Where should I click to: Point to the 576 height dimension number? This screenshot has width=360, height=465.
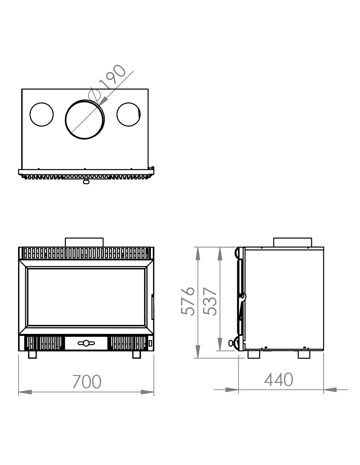188,301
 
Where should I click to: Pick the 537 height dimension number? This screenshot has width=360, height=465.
210,301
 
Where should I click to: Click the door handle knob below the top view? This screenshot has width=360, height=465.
86,182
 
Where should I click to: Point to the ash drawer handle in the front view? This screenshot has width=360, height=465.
86,343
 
